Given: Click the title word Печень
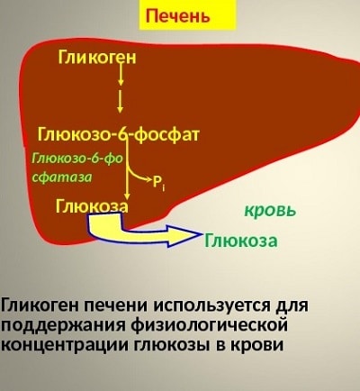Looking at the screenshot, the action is point(177,15).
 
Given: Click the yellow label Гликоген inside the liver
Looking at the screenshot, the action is point(97,58).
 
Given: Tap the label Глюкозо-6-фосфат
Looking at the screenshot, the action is point(119,134).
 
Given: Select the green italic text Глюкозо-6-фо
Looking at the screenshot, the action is point(77,159).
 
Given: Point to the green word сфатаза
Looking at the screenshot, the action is point(62,177).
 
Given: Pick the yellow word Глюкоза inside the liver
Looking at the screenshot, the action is point(92,206).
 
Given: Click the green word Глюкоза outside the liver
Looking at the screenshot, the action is point(241,241).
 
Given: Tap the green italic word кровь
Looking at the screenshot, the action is point(270,211).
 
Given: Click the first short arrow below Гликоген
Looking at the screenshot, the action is point(121,74).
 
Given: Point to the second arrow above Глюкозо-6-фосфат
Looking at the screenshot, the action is point(121,102).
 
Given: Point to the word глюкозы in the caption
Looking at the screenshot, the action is point(169,345).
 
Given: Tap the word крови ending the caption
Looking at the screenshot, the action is point(256,345).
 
